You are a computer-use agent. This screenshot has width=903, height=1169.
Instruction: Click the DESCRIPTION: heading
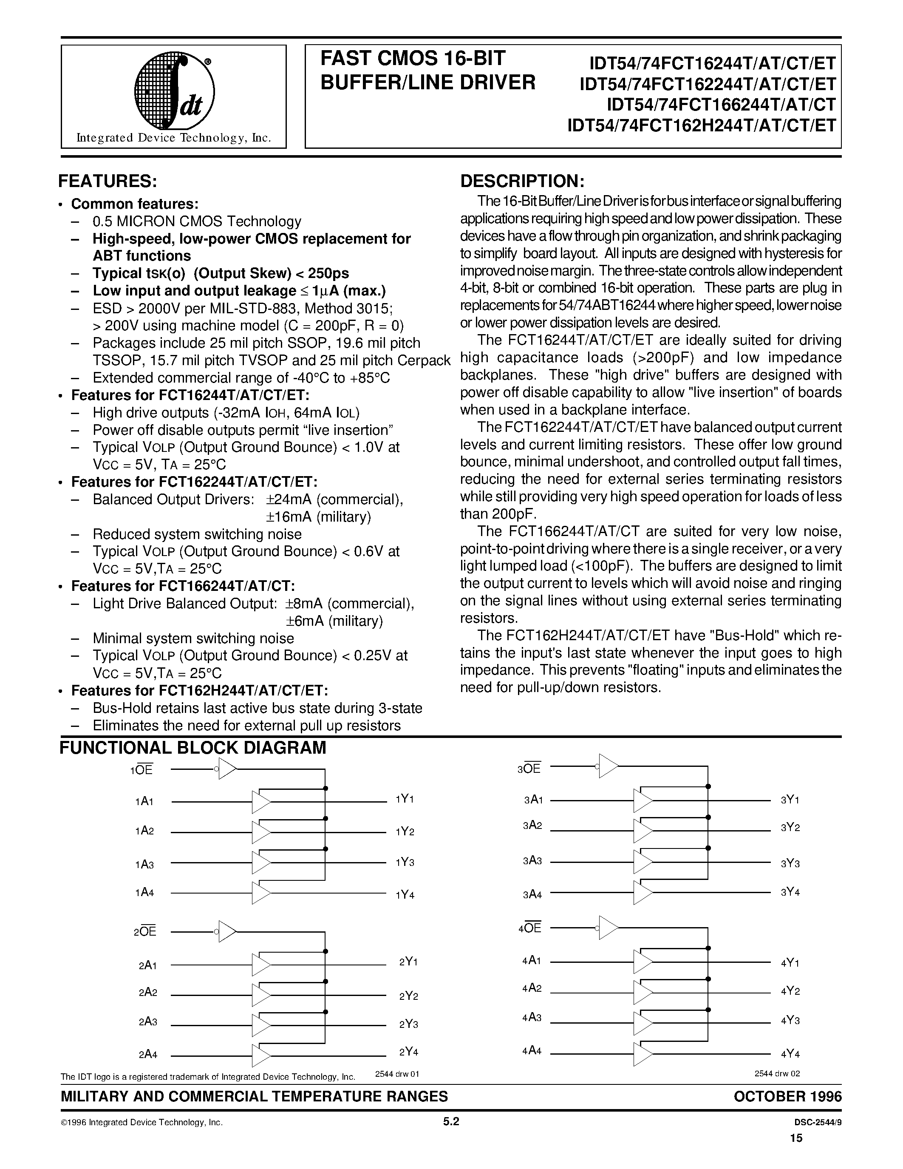point(521,181)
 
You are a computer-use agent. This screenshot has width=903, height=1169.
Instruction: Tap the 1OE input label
point(142,770)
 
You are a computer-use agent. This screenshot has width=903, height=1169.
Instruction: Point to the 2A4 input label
point(147,1055)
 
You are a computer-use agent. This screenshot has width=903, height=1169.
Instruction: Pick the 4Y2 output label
point(790,991)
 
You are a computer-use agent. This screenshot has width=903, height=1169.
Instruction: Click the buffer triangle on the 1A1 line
point(261,802)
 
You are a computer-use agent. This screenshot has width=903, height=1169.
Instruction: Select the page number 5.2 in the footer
point(451,1122)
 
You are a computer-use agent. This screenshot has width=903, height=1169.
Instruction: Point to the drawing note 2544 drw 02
point(777,1073)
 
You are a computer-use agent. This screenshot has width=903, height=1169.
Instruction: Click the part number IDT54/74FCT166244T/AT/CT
point(721,105)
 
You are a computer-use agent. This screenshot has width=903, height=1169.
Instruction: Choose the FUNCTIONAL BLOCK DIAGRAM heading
point(192,748)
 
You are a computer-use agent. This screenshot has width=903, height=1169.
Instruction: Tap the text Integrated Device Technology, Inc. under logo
point(174,138)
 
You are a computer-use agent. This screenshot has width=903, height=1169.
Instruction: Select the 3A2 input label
point(533,826)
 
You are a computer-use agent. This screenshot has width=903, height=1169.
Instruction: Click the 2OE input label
point(145,932)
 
